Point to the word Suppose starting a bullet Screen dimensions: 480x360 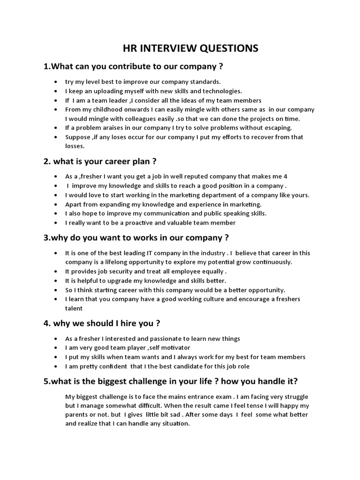[x=78, y=137]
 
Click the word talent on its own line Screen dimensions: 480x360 [x=74, y=308]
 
